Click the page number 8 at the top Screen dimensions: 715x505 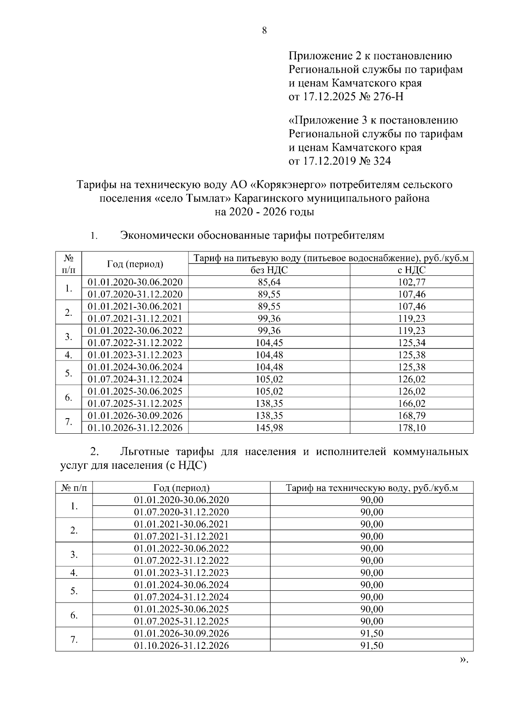pyautogui.click(x=264, y=30)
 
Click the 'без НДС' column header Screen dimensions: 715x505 pyautogui.click(x=269, y=270)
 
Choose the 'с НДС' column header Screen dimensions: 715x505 pyautogui.click(x=412, y=270)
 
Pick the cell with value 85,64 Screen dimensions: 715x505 pyautogui.click(x=269, y=282)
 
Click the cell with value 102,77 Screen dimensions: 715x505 pyautogui.click(x=412, y=282)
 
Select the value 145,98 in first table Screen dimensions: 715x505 pyautogui.click(x=269, y=428)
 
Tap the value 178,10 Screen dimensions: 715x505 pyautogui.click(x=412, y=428)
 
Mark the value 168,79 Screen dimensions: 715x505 pyautogui.click(x=412, y=416)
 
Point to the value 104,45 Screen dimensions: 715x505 pyautogui.click(x=269, y=343)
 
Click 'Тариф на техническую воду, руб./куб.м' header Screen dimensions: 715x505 pyautogui.click(x=372, y=488)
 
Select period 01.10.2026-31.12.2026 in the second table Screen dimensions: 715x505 pyautogui.click(x=181, y=646)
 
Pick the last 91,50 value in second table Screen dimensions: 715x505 pyautogui.click(x=372, y=646)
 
